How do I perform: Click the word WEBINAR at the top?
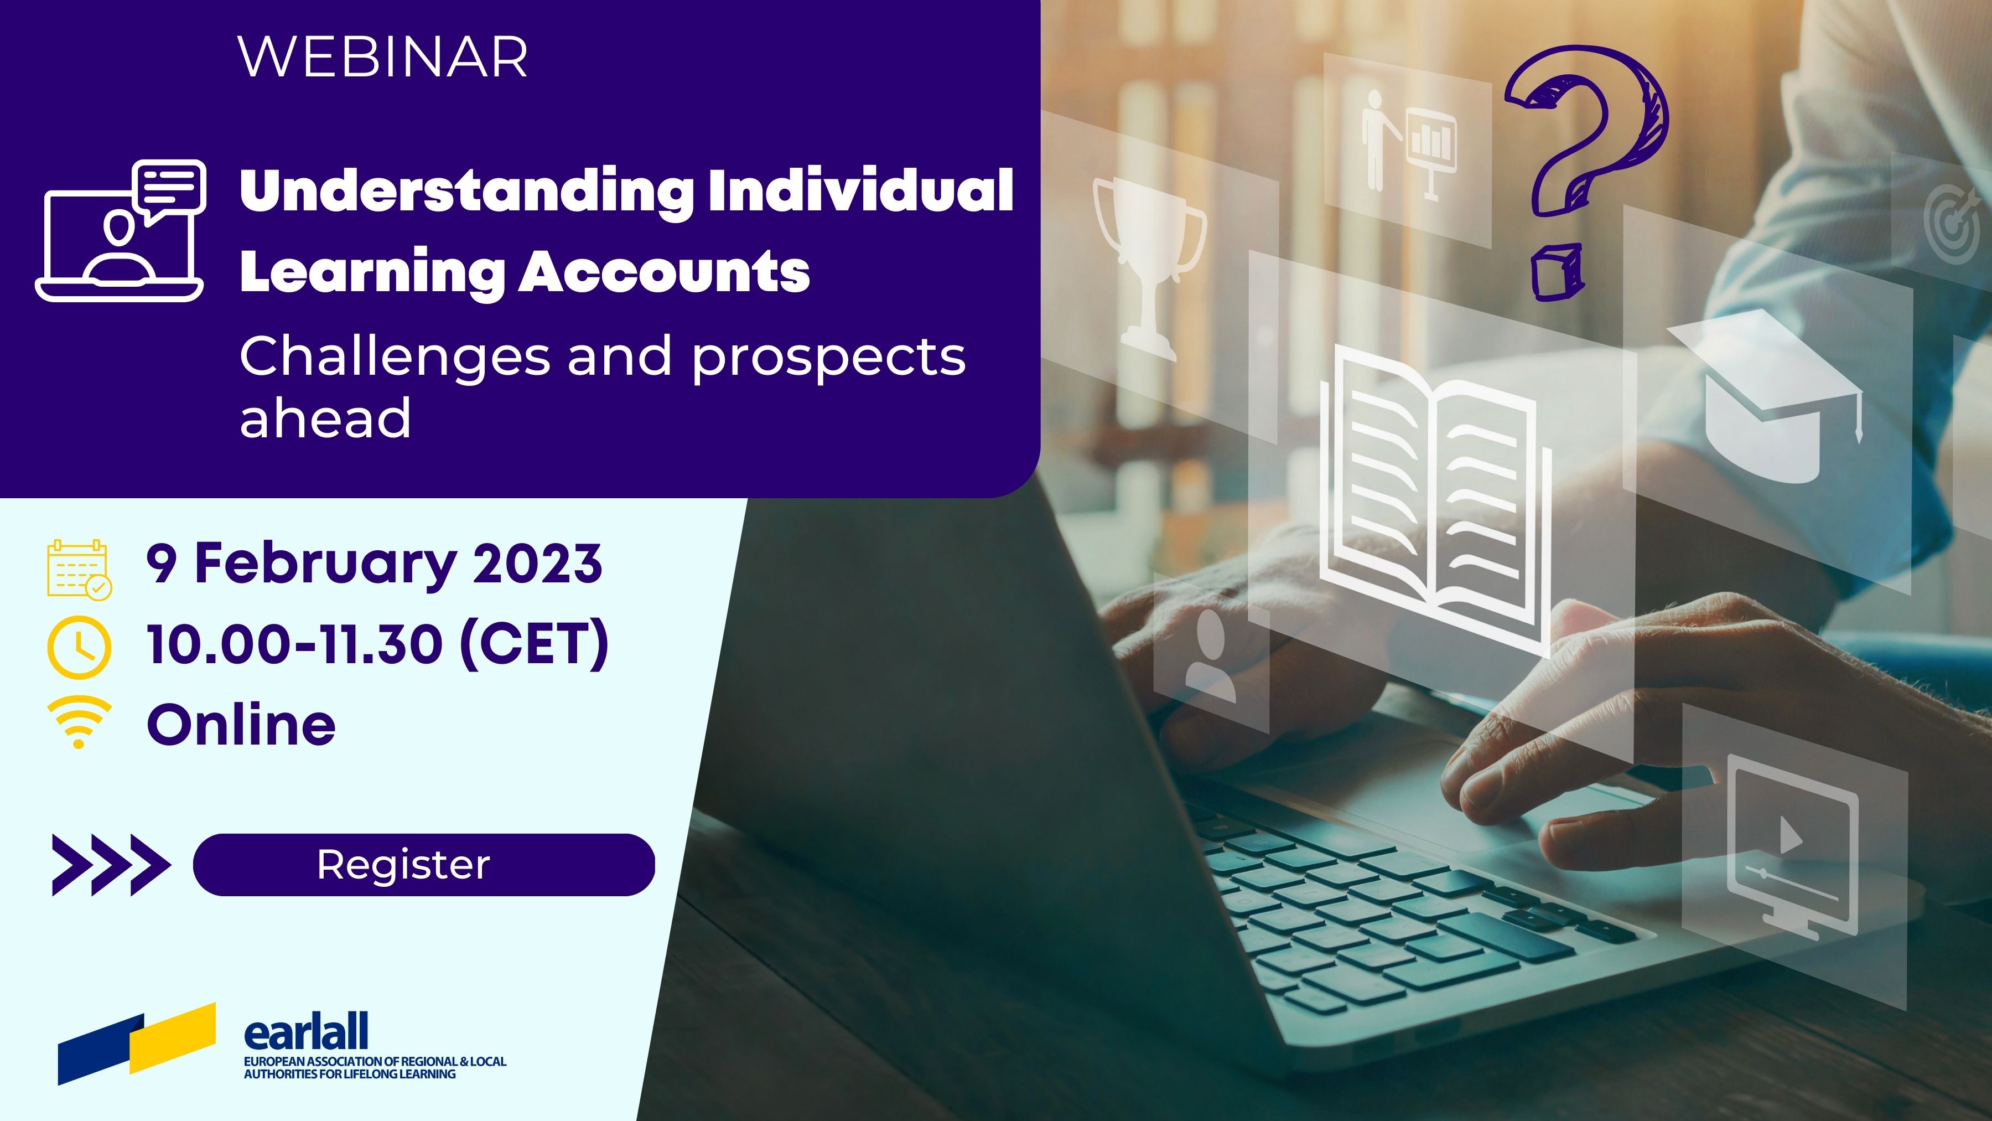click(383, 56)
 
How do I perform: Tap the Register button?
click(424, 864)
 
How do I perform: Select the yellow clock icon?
click(79, 647)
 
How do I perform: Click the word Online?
click(241, 724)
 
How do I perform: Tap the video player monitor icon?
click(1792, 847)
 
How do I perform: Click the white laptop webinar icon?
click(121, 230)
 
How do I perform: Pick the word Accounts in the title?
click(664, 272)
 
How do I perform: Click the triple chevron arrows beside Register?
click(111, 865)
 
